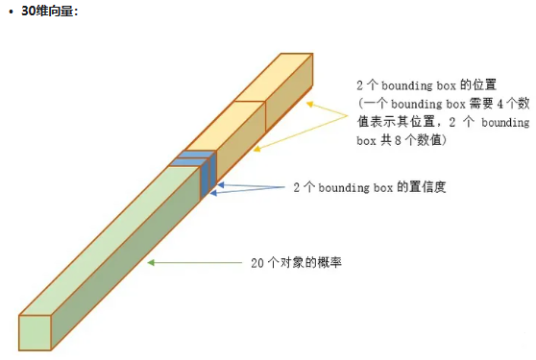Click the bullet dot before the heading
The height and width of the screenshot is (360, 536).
(x=10, y=12)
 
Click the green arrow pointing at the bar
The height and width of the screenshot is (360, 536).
(x=192, y=262)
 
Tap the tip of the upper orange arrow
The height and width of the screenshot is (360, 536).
(x=308, y=100)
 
